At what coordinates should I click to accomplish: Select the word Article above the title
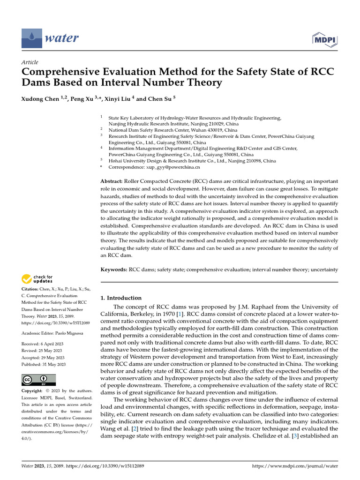click(x=30, y=62)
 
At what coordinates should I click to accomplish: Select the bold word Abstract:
click(x=112, y=181)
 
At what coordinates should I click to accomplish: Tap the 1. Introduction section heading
click(x=121, y=298)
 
